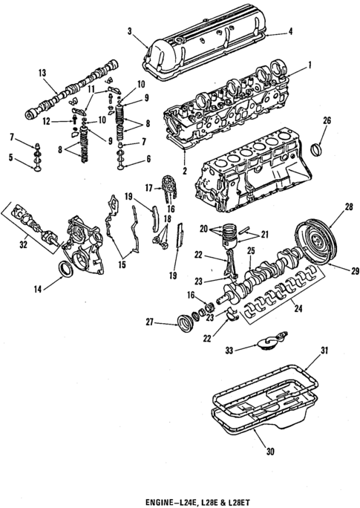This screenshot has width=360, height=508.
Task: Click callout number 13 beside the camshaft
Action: tap(42, 72)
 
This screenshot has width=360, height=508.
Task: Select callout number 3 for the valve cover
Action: tap(130, 30)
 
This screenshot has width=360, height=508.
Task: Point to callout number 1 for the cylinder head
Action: tap(310, 65)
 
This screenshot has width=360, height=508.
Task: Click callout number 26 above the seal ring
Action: tap(327, 120)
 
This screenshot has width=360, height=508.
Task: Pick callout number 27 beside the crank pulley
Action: tap(149, 322)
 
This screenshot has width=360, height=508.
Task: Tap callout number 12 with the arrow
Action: tap(46, 121)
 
